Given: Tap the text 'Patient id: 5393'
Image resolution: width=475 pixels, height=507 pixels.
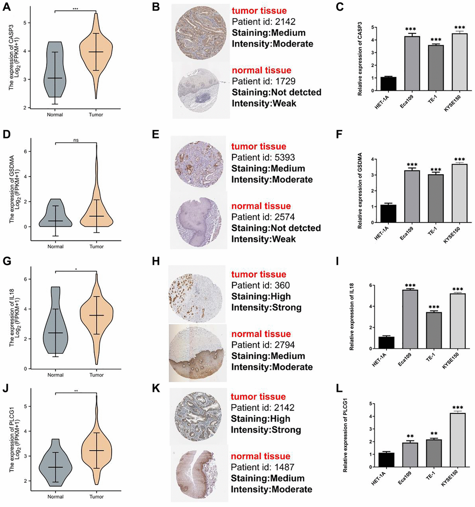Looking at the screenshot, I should [264, 158].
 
